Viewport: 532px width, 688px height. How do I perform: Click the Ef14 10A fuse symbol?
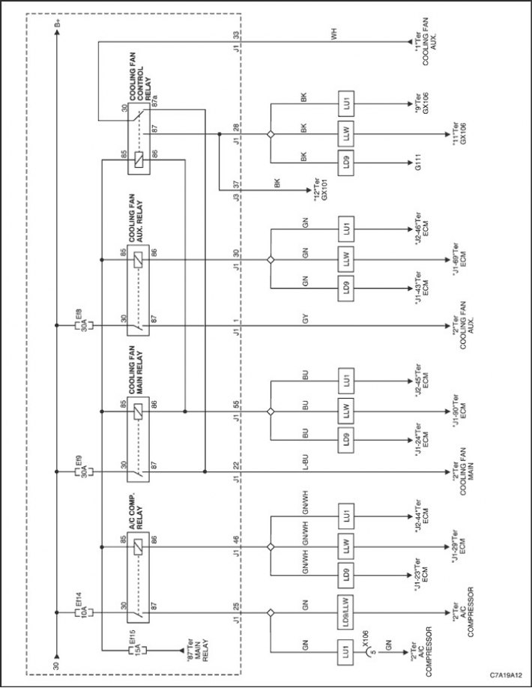click(x=84, y=612)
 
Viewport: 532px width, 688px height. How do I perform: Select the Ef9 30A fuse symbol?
click(x=84, y=471)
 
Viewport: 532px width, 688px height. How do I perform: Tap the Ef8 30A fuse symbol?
click(x=84, y=325)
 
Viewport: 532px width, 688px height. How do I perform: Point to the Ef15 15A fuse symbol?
click(x=137, y=650)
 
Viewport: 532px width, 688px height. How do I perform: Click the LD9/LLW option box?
click(x=346, y=612)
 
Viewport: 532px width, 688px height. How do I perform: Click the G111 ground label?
click(x=418, y=163)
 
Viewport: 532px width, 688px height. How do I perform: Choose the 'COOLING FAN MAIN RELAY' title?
click(x=136, y=370)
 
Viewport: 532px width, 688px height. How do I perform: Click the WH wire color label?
click(x=335, y=35)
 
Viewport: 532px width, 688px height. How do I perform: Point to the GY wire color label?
click(x=306, y=319)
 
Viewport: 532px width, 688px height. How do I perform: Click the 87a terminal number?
click(x=154, y=105)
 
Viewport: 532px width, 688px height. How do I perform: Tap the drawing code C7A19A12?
click(x=507, y=675)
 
